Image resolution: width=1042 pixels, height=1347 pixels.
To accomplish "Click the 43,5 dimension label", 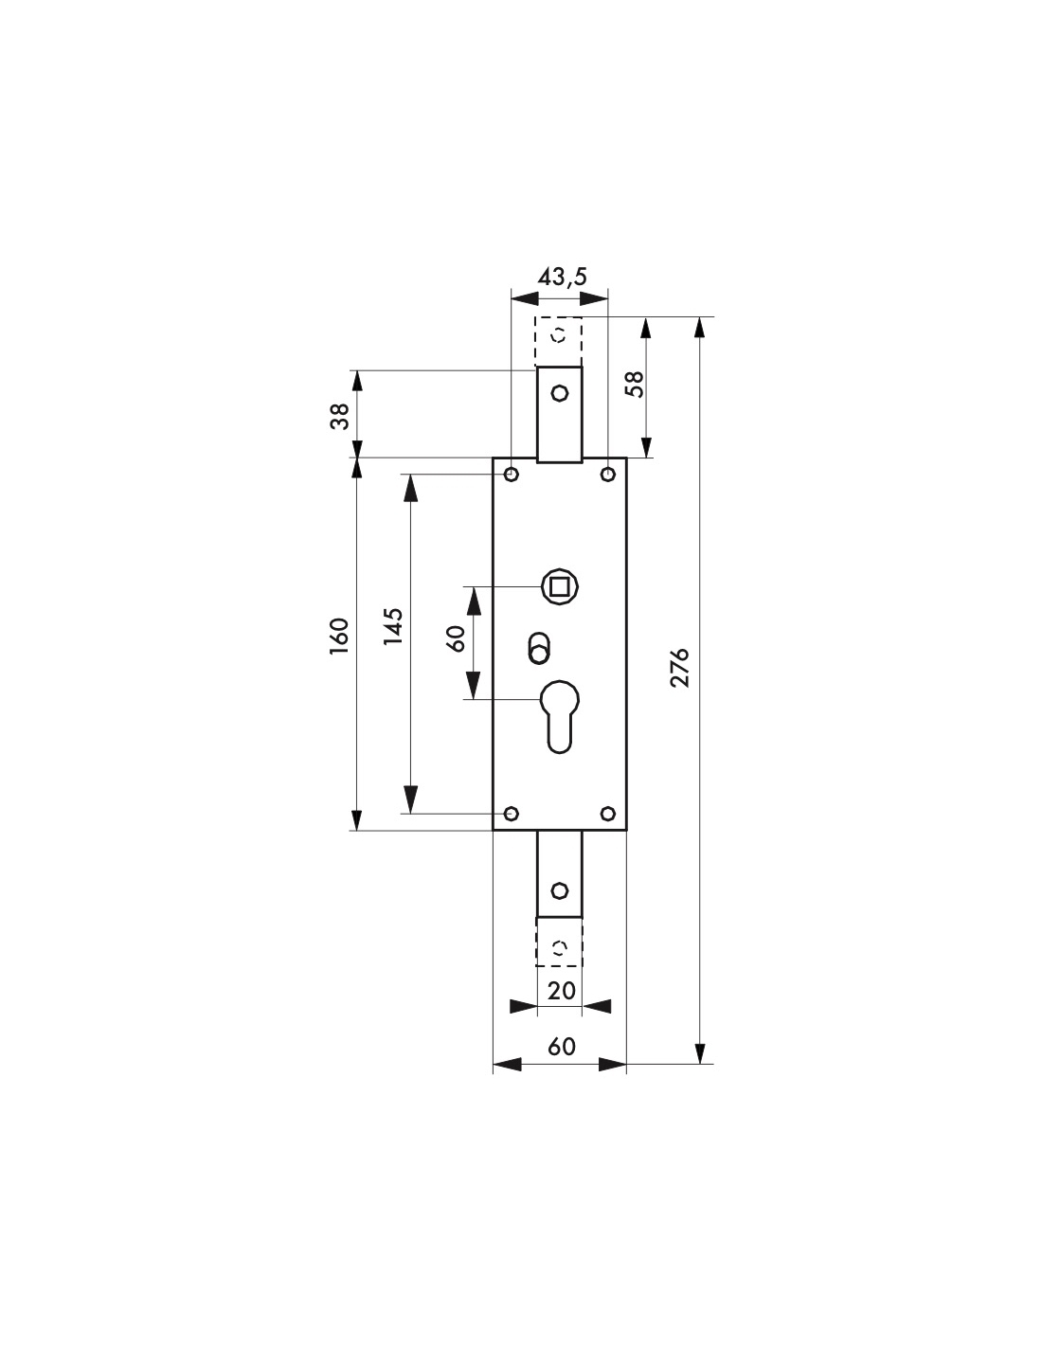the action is (x=562, y=277).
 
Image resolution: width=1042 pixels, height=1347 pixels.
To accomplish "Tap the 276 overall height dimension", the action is (x=680, y=667).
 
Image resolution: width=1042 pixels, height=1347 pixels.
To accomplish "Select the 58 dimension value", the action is (x=635, y=385).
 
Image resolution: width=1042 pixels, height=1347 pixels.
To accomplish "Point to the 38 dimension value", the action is (x=339, y=416).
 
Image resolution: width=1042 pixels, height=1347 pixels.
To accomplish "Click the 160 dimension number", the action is (x=339, y=638).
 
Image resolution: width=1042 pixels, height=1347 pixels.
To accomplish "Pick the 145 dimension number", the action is (x=393, y=626).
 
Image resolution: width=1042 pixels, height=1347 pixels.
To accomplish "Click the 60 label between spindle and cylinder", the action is (x=456, y=638).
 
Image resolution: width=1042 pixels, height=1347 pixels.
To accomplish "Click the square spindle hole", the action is (x=560, y=585).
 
